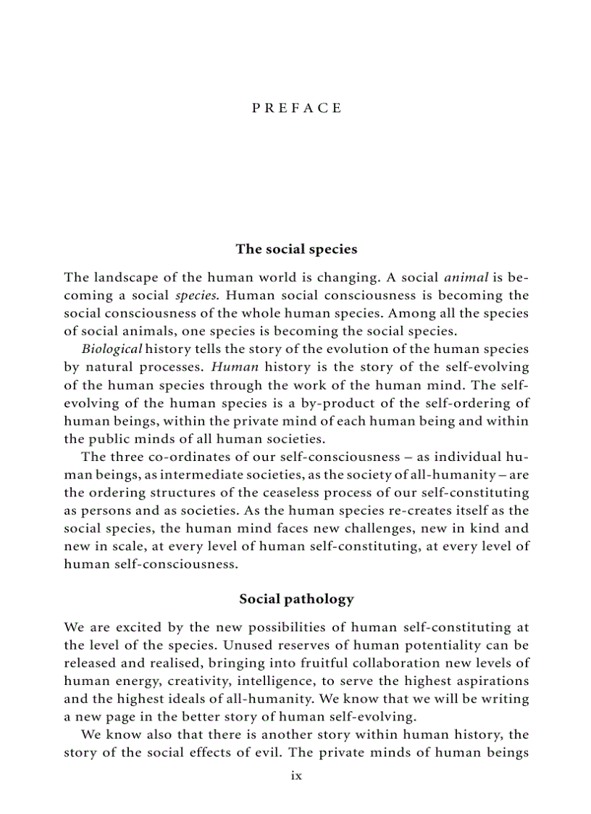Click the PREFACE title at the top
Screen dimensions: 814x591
tap(296, 108)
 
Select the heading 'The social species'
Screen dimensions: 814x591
tap(296, 249)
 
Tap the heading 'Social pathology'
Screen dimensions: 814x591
tap(296, 599)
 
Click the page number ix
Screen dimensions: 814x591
tap(295, 776)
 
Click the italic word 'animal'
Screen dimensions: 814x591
tap(466, 277)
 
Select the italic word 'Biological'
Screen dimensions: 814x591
tap(112, 349)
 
